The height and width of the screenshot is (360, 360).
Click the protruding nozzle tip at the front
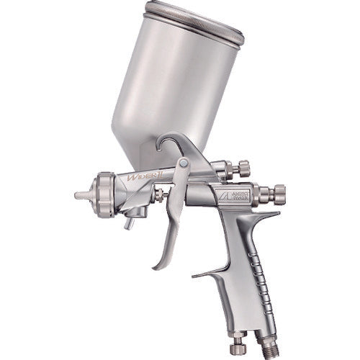point(80,195)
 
